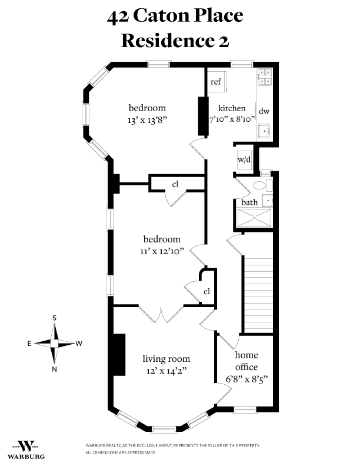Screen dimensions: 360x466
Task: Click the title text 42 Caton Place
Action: coord(175,16)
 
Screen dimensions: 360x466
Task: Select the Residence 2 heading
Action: coord(175,40)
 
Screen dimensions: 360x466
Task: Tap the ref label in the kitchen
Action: coord(216,82)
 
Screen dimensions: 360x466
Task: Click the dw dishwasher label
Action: coord(264,111)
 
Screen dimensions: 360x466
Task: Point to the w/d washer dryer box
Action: coord(244,159)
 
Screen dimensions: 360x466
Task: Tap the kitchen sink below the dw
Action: coord(265,131)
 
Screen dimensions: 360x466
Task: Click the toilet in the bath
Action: coord(261,185)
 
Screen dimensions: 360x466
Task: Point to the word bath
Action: coord(250,202)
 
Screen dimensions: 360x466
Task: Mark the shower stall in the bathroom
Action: coord(254,218)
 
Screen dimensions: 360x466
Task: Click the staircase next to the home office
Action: coord(259,294)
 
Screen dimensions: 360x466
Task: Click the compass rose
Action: coord(55,342)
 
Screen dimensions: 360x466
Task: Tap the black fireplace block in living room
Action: coord(119,354)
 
